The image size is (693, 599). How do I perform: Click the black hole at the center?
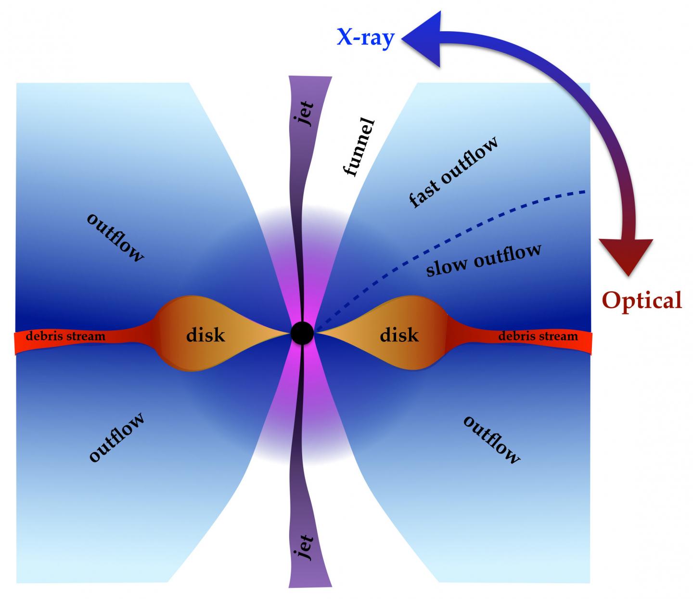(x=302, y=333)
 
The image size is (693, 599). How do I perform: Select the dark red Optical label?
(x=642, y=300)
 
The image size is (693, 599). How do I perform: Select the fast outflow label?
(x=453, y=171)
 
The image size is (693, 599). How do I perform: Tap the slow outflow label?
(x=484, y=260)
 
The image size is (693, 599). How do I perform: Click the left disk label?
(x=205, y=334)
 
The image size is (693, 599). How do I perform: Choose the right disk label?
(x=399, y=334)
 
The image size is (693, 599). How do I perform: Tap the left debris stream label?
(x=65, y=336)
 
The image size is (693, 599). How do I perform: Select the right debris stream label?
(x=538, y=336)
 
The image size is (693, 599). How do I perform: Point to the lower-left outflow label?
(x=117, y=437)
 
